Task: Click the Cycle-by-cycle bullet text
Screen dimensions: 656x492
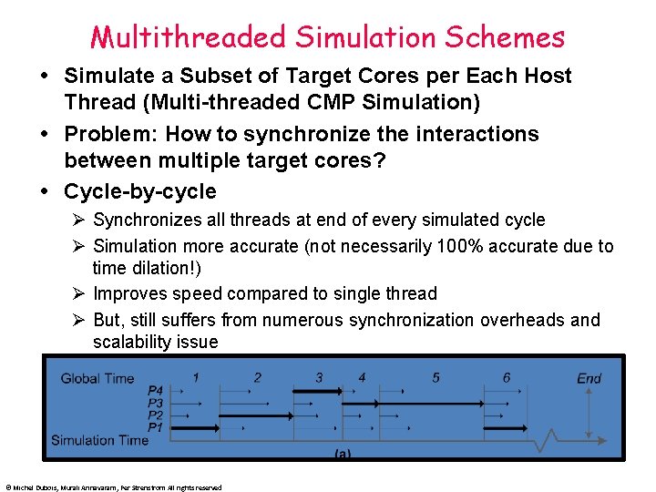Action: point(140,191)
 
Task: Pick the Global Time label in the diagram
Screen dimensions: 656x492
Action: point(97,378)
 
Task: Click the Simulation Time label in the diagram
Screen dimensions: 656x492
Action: point(99,440)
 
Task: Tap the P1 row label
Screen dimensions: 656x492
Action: point(156,426)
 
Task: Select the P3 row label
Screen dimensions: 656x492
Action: point(156,403)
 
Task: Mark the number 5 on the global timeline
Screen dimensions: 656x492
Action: point(436,377)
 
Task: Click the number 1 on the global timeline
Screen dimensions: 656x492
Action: point(196,377)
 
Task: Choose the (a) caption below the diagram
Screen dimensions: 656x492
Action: point(344,452)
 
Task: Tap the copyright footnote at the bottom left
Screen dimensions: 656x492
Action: point(113,487)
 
